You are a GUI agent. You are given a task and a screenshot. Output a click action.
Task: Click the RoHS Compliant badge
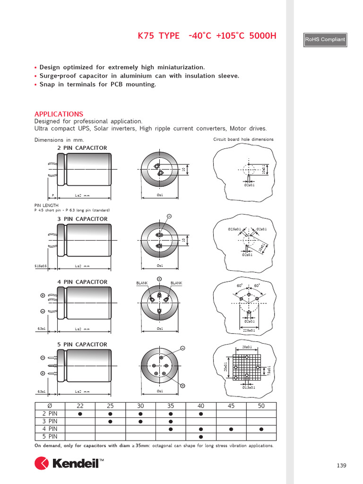pyautogui.click(x=325, y=40)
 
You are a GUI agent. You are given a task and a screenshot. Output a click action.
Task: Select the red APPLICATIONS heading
pyautogui.click(x=59, y=114)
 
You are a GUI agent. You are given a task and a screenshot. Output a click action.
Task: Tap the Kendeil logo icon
pyautogui.click(x=42, y=463)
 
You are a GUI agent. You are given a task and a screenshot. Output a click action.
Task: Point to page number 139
pyautogui.click(x=341, y=466)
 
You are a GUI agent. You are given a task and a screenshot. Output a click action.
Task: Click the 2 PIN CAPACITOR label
pyautogui.click(x=82, y=148)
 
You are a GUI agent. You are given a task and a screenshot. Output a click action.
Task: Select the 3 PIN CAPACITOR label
pyautogui.click(x=82, y=219)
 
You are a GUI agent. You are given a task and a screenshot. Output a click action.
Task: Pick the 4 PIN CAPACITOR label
pyautogui.click(x=82, y=282)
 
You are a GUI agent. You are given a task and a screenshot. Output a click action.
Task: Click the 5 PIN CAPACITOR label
pyautogui.click(x=82, y=345)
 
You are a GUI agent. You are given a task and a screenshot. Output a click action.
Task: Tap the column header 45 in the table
pyautogui.click(x=231, y=406)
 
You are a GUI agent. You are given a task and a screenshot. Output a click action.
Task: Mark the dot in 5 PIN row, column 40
pyautogui.click(x=201, y=436)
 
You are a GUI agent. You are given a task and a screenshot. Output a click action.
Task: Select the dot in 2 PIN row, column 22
pyautogui.click(x=80, y=414)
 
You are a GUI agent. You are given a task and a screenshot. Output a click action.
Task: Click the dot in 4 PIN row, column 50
pyautogui.click(x=261, y=429)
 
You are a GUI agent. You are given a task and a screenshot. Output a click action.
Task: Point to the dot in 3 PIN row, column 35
pyautogui.click(x=171, y=421)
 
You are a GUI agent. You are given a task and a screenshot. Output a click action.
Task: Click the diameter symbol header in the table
pyautogui.click(x=50, y=406)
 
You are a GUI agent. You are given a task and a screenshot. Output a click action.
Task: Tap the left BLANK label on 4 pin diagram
pyautogui.click(x=142, y=283)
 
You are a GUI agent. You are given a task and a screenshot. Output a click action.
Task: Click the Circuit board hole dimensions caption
pyautogui.click(x=243, y=139)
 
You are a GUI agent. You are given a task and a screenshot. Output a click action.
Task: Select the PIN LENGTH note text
pyautogui.click(x=46, y=205)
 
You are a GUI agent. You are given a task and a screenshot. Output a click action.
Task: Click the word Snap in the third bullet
pyautogui.click(x=47, y=84)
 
